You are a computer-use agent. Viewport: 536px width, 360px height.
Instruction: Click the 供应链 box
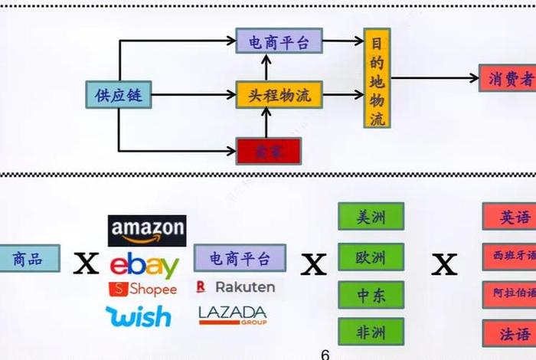click(118, 95)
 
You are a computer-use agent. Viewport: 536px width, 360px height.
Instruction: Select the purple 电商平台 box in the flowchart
click(279, 41)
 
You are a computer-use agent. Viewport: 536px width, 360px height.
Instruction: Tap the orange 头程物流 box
click(279, 95)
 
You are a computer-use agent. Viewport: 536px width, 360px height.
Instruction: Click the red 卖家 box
click(268, 151)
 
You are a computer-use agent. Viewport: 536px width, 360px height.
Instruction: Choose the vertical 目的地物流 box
click(377, 79)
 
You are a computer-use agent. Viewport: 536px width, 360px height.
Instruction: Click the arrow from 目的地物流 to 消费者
click(433, 78)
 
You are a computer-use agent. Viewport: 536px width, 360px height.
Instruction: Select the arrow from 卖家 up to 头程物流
click(267, 122)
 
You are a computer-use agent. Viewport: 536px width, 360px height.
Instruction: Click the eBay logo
click(145, 266)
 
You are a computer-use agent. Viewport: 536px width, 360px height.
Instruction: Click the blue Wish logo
click(139, 316)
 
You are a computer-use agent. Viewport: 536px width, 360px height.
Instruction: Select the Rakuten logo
click(235, 287)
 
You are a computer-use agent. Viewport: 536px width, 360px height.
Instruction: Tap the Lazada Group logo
click(232, 314)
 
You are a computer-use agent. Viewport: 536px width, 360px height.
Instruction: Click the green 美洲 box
click(371, 217)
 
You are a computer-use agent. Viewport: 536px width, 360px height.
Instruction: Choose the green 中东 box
click(371, 295)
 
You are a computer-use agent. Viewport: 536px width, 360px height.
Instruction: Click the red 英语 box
click(510, 217)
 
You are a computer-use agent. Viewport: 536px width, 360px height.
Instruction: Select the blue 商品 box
click(28, 259)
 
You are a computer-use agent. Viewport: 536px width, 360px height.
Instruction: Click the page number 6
click(325, 354)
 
